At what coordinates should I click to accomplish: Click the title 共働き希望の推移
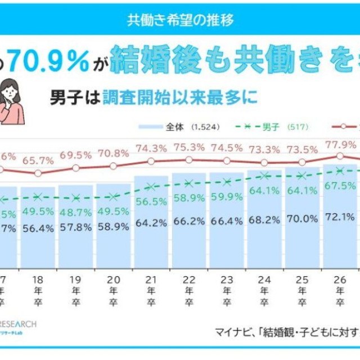pos(180,19)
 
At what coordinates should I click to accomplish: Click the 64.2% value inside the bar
pos(151,222)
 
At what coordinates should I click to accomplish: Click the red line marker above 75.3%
pos(188,160)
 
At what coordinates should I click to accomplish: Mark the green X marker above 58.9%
pos(188,183)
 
